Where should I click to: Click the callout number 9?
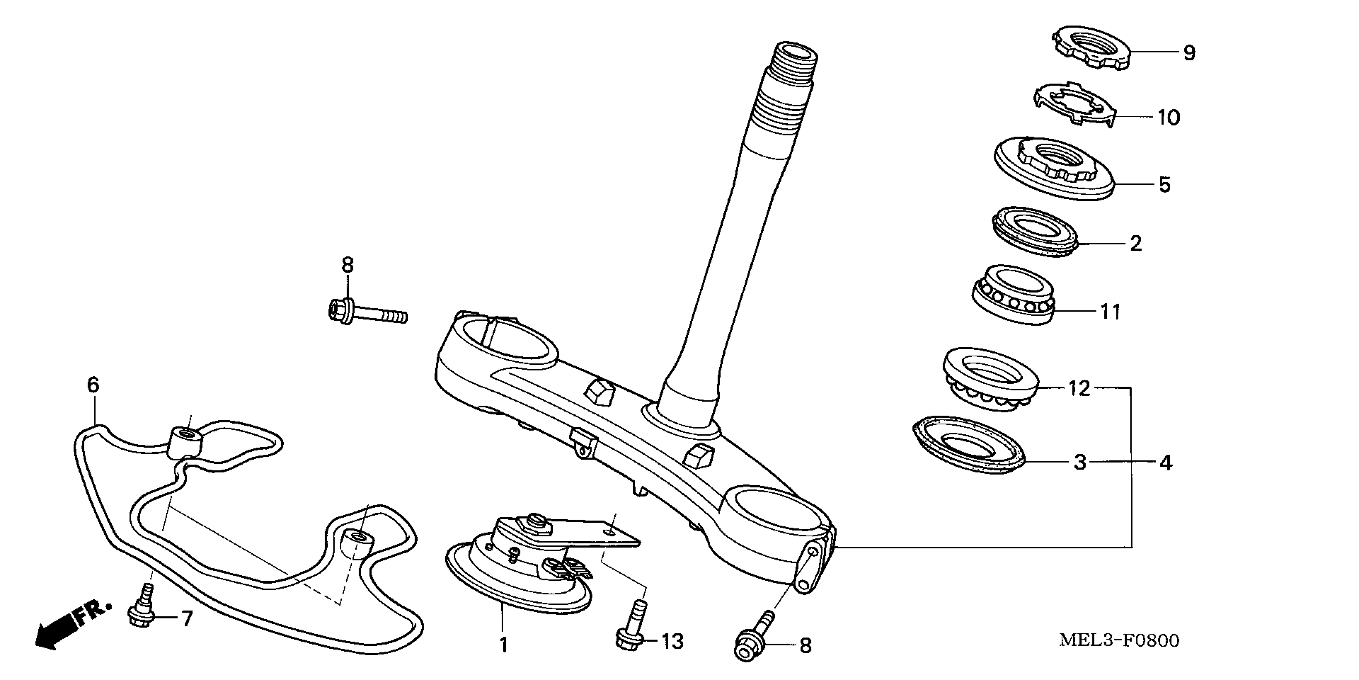[1189, 53]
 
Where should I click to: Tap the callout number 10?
[1169, 117]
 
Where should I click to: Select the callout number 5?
[1164, 185]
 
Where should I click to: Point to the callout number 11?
[1110, 312]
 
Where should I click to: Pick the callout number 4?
[1166, 463]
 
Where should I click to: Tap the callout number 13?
[672, 642]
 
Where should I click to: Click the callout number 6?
[93, 385]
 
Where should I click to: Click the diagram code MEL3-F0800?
[1119, 640]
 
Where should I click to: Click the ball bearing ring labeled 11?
[1013, 294]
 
